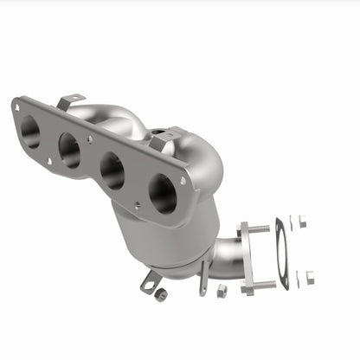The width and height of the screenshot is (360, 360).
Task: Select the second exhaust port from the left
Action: click(x=69, y=151)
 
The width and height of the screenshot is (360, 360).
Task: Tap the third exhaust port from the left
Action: click(x=112, y=170)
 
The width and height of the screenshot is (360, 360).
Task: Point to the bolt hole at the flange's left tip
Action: click(x=16, y=106)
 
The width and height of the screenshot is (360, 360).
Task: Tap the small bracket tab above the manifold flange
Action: click(x=71, y=101)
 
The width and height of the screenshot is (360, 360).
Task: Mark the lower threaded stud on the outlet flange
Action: click(x=264, y=283)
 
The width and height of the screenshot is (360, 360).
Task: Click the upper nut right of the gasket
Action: click(x=300, y=222)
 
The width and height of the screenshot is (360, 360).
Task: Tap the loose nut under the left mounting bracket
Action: click(x=160, y=295)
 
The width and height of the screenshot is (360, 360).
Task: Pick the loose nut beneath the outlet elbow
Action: click(x=222, y=289)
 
